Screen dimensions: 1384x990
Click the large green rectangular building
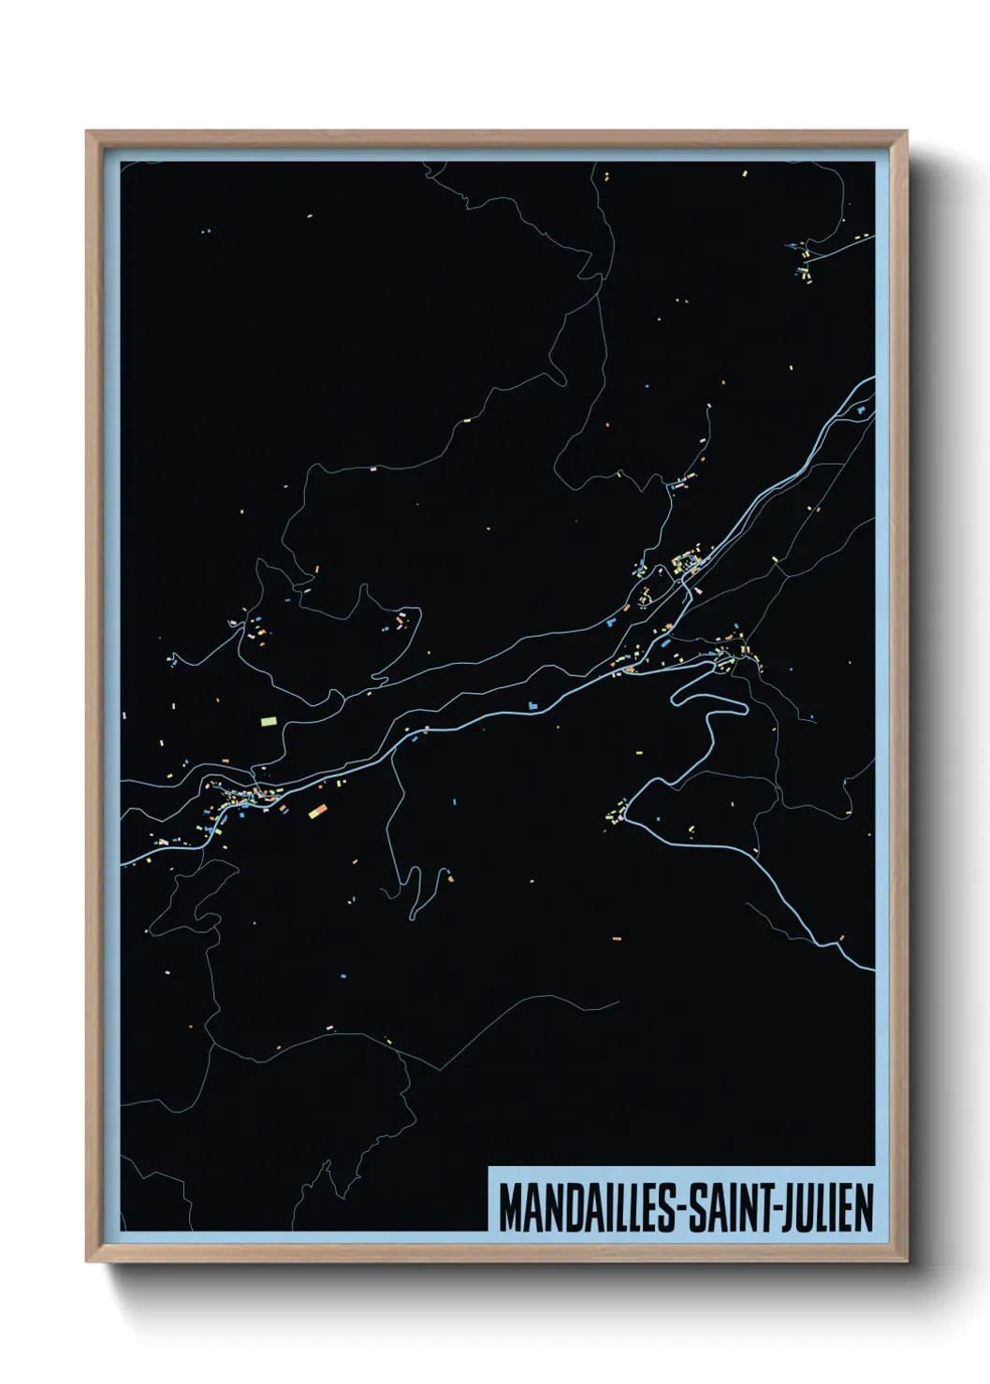click(269, 721)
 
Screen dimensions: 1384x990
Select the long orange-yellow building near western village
click(316, 811)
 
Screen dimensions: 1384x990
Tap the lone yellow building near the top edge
click(745, 173)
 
